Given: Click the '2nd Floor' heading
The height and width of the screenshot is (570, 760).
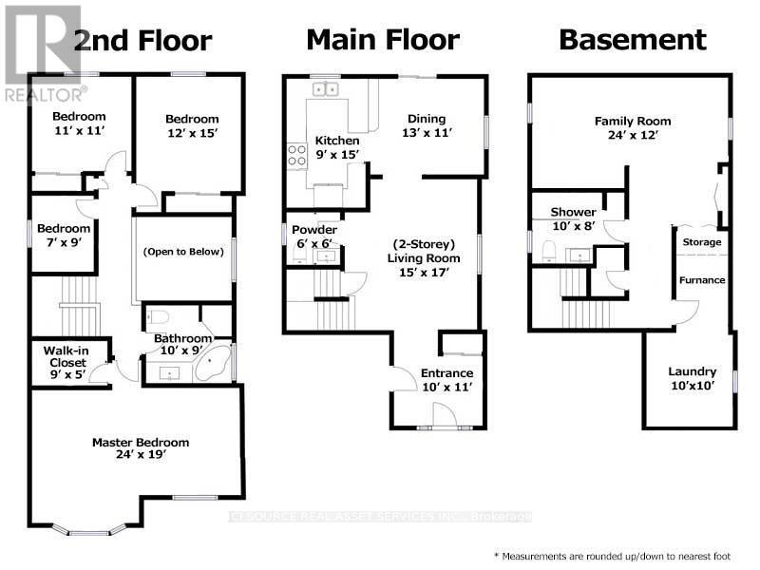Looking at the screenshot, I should click(142, 41).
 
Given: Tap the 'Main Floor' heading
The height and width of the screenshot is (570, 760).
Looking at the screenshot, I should click(383, 40).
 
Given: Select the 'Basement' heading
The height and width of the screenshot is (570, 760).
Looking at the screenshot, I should click(633, 40).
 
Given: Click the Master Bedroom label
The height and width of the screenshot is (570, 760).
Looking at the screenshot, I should click(141, 448).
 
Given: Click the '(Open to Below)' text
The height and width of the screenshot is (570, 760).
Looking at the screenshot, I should click(182, 253).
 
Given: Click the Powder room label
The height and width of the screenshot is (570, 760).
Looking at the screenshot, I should click(314, 237).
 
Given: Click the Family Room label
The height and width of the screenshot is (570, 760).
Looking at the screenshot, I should click(633, 128).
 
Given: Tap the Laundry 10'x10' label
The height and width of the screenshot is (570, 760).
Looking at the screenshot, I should click(692, 378).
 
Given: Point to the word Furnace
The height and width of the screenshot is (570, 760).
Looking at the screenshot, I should click(702, 280).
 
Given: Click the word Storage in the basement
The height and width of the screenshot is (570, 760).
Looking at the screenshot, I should click(702, 242).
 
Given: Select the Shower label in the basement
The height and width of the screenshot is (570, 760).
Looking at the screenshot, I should click(573, 218).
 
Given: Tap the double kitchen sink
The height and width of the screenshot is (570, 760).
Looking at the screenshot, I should click(327, 90).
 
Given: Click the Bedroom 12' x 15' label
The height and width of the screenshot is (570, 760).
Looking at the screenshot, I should click(192, 126).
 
